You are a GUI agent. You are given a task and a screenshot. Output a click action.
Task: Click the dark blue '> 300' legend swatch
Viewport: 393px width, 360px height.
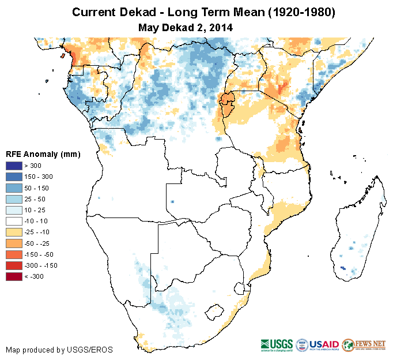(x=14, y=166)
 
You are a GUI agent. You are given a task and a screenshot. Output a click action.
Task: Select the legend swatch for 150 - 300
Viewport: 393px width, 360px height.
(x=14, y=177)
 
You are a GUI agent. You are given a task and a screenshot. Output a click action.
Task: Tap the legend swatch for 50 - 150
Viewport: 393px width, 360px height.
(x=14, y=187)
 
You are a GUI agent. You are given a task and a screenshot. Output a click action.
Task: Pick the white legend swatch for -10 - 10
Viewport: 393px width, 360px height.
(x=14, y=221)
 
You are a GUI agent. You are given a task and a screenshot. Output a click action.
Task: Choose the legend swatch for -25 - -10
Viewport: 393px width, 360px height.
(x=14, y=232)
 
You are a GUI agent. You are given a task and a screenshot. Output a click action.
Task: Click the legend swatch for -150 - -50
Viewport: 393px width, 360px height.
(x=14, y=254)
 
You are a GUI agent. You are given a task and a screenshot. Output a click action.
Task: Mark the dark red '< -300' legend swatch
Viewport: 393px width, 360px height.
(x=14, y=276)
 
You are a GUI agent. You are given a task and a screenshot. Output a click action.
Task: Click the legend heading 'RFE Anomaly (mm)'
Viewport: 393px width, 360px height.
(x=43, y=154)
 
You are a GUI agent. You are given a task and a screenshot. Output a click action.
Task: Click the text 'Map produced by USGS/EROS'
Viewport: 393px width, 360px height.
(x=59, y=350)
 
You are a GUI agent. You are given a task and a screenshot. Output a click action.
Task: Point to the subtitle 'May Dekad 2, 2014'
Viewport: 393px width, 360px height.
(x=186, y=27)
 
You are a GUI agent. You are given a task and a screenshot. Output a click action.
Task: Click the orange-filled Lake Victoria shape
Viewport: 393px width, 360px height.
(x=227, y=102)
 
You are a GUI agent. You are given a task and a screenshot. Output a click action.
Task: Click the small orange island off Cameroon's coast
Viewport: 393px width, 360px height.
(x=62, y=57)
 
